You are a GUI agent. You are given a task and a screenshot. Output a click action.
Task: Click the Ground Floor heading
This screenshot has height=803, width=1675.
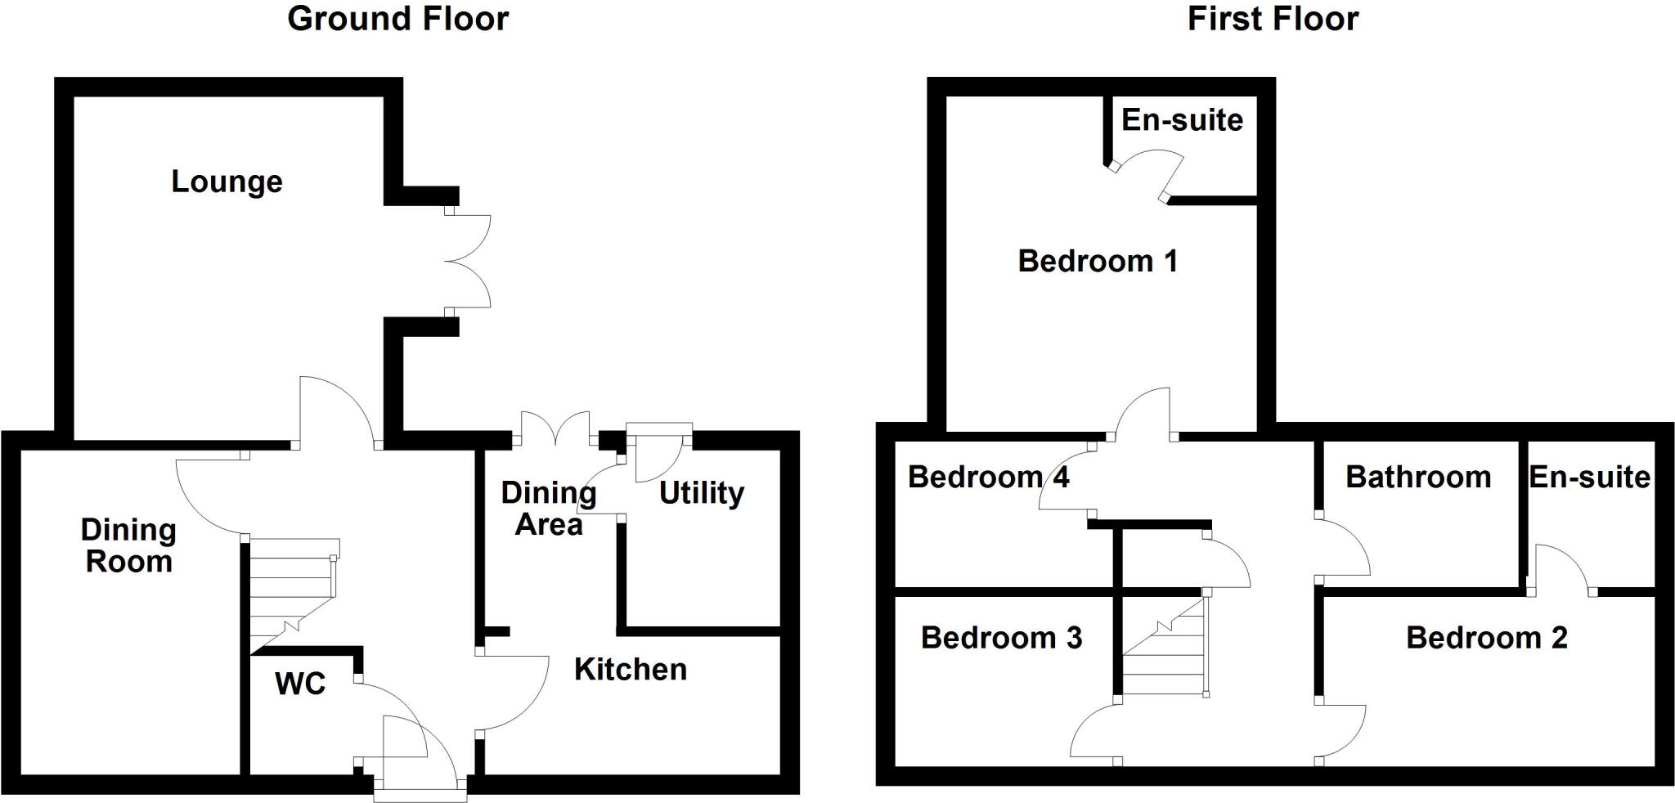(397, 19)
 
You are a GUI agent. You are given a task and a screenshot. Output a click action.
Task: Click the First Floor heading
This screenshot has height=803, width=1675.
(1273, 19)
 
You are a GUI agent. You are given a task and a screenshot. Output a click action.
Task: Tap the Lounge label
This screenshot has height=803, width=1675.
(227, 182)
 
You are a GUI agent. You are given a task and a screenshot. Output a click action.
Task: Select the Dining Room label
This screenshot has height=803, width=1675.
(128, 546)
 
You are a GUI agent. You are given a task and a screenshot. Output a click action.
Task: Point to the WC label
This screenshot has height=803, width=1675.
(300, 684)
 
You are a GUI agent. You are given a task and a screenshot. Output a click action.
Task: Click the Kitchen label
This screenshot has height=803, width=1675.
(630, 670)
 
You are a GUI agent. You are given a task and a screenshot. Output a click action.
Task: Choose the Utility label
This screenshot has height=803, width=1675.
(701, 493)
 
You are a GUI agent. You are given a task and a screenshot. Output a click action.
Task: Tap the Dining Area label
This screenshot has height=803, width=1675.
(549, 509)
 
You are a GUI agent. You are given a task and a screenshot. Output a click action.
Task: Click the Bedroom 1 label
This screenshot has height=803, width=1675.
(1098, 261)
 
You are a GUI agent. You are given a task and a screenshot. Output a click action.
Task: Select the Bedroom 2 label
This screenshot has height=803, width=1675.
(1486, 638)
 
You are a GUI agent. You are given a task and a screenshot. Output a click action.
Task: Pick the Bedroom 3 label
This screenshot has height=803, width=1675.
(1001, 638)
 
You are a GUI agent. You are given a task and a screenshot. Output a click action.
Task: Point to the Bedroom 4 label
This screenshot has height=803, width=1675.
(988, 477)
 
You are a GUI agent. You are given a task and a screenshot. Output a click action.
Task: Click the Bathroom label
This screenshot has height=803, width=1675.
(1418, 477)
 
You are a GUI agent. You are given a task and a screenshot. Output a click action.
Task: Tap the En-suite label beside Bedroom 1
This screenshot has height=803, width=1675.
(1182, 120)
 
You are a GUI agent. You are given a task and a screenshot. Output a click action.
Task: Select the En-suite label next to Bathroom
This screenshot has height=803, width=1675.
(1589, 477)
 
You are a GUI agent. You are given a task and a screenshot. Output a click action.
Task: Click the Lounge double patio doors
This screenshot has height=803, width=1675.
(468, 262)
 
